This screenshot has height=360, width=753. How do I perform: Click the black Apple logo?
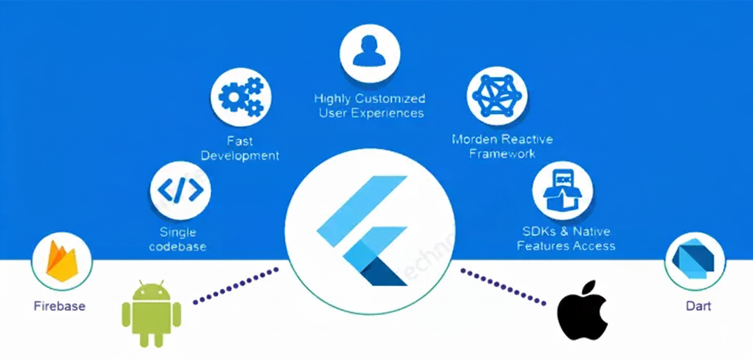point(582,310)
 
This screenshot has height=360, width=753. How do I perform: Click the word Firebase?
point(59,306)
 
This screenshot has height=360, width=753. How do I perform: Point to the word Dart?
point(698,306)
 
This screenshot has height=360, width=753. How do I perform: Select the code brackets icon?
point(180,190)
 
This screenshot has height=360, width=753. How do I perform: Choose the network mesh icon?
point(497,96)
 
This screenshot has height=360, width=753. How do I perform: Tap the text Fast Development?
point(240,148)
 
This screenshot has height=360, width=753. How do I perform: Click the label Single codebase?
point(178,239)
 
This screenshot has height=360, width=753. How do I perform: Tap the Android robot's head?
point(151,292)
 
